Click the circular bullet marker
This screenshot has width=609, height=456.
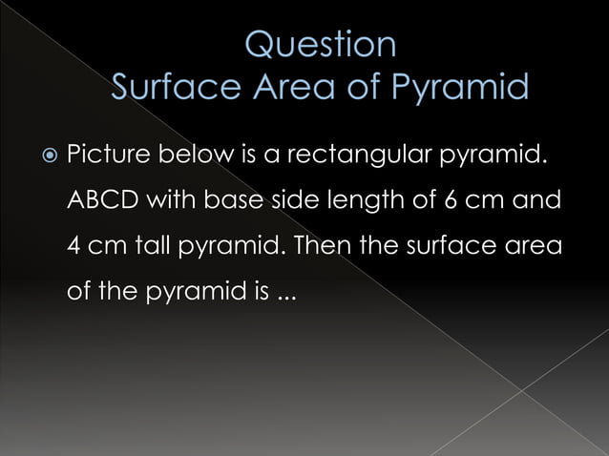point(43,155)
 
